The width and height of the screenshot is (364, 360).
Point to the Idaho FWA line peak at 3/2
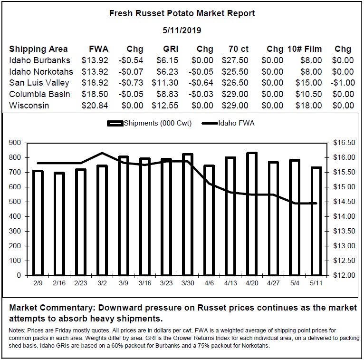pyautogui.click(x=102, y=153)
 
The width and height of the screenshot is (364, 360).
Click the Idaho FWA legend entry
pyautogui.click(x=228, y=123)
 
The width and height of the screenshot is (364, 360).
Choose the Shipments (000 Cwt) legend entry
pyautogui.click(x=149, y=123)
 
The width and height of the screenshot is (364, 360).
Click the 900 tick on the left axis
pyautogui.click(x=15, y=143)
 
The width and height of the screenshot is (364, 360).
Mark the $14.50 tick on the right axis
pyautogui.click(x=344, y=202)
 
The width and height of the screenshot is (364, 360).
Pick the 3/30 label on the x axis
pyautogui.click(x=188, y=283)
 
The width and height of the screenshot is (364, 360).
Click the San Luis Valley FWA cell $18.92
pyautogui.click(x=95, y=83)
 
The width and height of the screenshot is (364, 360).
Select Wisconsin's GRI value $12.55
pyautogui.click(x=165, y=106)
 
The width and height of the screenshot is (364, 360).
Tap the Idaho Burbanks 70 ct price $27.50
pyautogui.click(x=235, y=60)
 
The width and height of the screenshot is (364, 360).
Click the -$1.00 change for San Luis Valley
pyautogui.click(x=343, y=83)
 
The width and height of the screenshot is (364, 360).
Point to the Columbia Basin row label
pyautogui.click(x=39, y=94)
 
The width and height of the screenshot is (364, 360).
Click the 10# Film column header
pyautogui.click(x=305, y=49)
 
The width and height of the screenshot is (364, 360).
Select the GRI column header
pyautogui.click(x=171, y=49)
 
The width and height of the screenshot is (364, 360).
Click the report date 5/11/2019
pyautogui.click(x=182, y=30)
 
